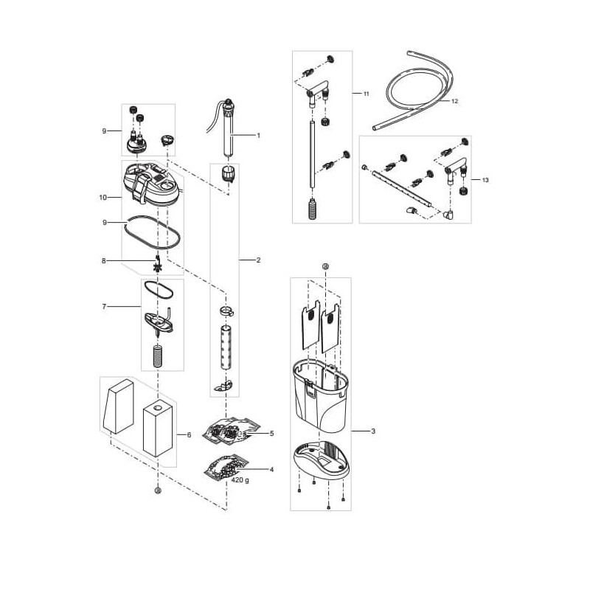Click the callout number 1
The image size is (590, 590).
[x=259, y=136]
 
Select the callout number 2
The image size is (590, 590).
[x=259, y=260]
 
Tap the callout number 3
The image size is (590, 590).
[x=373, y=431]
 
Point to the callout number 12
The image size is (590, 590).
[x=454, y=101]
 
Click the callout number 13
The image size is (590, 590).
[x=485, y=180]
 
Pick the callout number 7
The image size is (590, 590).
[x=104, y=307]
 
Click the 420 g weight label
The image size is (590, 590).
[x=240, y=481]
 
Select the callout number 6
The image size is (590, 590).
[x=189, y=435]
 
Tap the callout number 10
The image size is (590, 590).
[x=103, y=197]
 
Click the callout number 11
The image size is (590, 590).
[x=366, y=94]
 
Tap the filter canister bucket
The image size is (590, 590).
[x=321, y=395]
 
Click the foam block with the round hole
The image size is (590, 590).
[x=158, y=429]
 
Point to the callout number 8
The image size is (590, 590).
[x=104, y=261]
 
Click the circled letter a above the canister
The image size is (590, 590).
[x=326, y=266]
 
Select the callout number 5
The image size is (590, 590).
[x=271, y=434]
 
